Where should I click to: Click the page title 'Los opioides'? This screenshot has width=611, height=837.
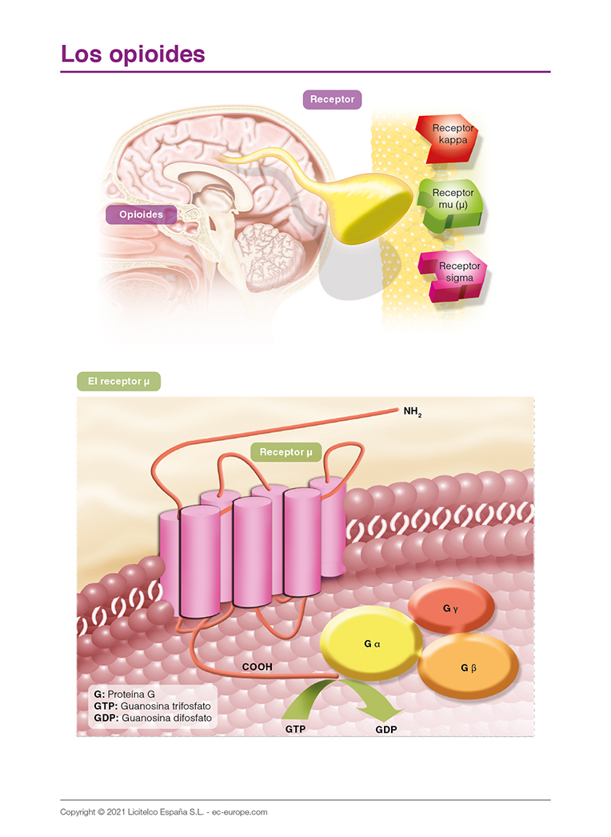click(133, 54)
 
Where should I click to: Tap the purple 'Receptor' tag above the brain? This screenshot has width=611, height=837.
click(332, 100)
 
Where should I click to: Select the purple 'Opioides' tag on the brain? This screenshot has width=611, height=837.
click(141, 214)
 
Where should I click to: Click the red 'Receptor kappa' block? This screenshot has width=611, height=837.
click(451, 136)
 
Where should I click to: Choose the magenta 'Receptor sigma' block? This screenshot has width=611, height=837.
click(458, 274)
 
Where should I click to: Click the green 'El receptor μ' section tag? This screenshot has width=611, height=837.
click(119, 382)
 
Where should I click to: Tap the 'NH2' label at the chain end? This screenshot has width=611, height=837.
click(413, 413)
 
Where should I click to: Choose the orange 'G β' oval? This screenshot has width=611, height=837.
click(469, 667)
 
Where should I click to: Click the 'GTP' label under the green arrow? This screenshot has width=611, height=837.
click(295, 730)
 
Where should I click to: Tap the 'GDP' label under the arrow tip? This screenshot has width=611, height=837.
click(386, 730)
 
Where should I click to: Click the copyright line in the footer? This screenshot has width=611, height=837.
click(163, 811)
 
